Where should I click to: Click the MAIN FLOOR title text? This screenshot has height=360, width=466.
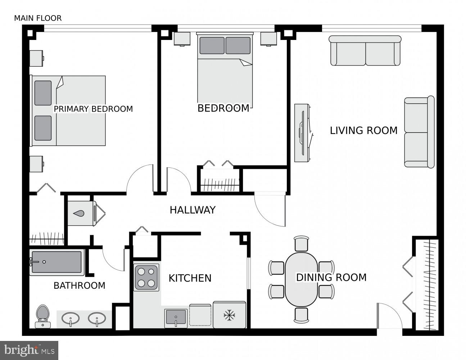38,18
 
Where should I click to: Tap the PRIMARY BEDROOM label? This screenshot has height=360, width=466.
93,109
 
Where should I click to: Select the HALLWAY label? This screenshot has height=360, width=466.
193,210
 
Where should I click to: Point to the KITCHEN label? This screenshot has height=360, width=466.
190,278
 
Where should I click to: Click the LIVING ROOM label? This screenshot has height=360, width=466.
364,130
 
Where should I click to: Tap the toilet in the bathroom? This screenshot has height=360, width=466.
43,316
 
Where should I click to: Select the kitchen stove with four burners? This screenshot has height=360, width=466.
146,278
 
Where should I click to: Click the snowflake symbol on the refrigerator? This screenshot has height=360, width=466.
229,315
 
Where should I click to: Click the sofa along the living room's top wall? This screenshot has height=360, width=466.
365,51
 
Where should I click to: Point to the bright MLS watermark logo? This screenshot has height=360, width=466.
29,350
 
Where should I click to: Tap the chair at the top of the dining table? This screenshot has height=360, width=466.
301,243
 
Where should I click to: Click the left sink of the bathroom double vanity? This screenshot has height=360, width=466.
71,319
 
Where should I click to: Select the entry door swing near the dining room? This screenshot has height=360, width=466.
389,315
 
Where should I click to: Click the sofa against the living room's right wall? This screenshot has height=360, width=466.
419,132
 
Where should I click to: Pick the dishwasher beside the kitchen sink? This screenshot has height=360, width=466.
200,316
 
